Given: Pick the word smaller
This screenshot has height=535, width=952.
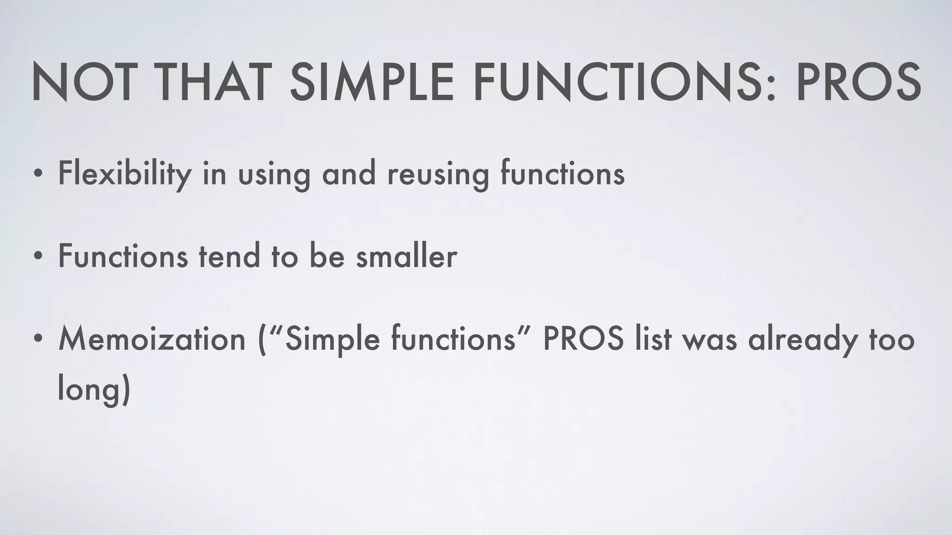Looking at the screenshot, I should point(407,256).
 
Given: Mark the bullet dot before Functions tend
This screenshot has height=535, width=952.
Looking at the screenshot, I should point(38,258).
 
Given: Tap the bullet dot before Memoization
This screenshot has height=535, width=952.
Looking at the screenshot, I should point(38,341).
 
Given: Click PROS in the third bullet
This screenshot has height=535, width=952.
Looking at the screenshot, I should point(583,339).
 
